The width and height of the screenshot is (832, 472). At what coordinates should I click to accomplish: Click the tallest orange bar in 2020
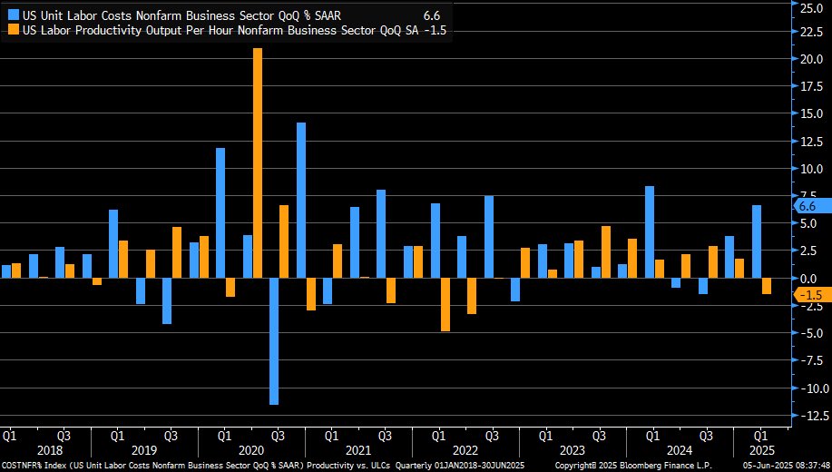coord(258,163)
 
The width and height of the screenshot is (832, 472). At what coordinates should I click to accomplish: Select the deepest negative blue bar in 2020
coord(274,340)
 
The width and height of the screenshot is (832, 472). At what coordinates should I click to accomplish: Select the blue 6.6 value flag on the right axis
coord(807,206)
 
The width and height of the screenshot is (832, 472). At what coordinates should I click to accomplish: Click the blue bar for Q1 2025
coord(756,241)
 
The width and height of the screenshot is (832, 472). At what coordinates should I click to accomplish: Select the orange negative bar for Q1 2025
coord(767,286)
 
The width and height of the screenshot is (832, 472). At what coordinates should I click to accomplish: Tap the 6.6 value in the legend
coord(432,15)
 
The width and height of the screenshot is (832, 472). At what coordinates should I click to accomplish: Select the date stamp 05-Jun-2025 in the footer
coord(768,465)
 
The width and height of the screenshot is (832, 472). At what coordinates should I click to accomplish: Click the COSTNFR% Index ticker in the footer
coord(30,465)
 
